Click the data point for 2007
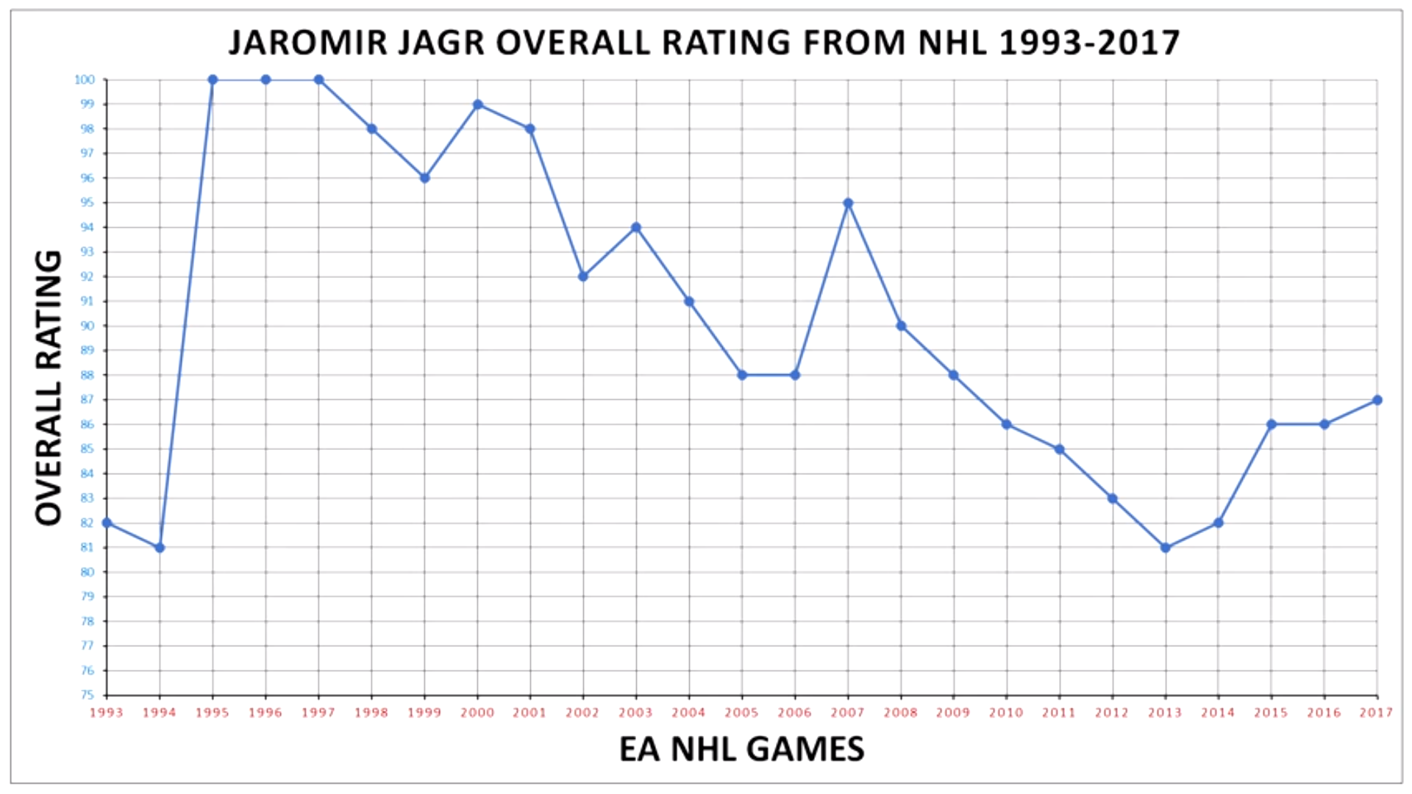tap(848, 203)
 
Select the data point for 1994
tap(160, 548)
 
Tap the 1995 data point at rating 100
tap(213, 79)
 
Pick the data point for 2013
tap(1166, 548)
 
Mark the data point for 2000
tap(478, 104)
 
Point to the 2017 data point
tap(1377, 400)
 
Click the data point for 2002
tap(583, 276)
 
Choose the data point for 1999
tap(424, 178)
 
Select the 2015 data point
tap(1272, 424)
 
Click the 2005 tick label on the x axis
tap(741, 712)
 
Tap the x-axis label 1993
tap(107, 712)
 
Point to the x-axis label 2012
tap(1112, 712)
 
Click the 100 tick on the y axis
tap(85, 79)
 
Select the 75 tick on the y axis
tap(88, 695)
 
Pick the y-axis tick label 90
tap(88, 326)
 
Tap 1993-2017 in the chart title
tap(1089, 43)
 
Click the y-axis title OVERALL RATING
tap(49, 387)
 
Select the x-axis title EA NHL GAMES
tap(741, 749)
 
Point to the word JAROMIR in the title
tap(308, 43)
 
